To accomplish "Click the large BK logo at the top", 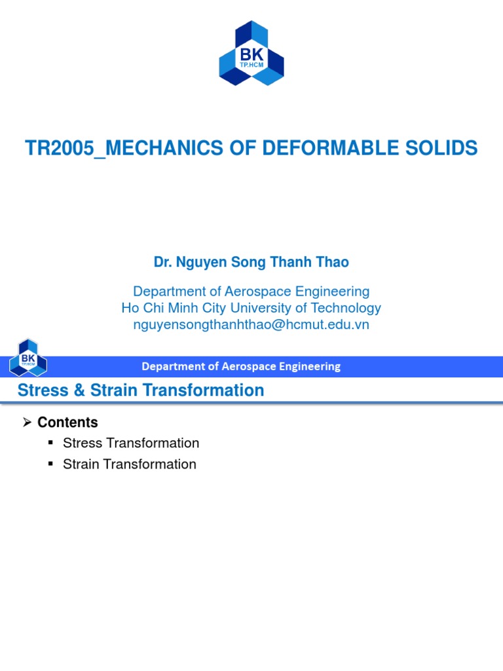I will point(251,53).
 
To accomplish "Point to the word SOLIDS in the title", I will point(445,149).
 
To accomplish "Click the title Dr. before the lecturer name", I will point(162,263).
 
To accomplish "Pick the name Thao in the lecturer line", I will point(332,263).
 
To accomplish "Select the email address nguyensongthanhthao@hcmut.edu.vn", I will point(251,324).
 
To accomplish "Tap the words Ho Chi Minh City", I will point(170,308).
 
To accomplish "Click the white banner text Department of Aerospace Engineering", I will point(241,366).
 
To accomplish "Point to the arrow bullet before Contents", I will point(28,423).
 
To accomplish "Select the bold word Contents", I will point(67,423).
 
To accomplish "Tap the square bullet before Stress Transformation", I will point(51,444).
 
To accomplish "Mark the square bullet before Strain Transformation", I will point(51,465).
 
